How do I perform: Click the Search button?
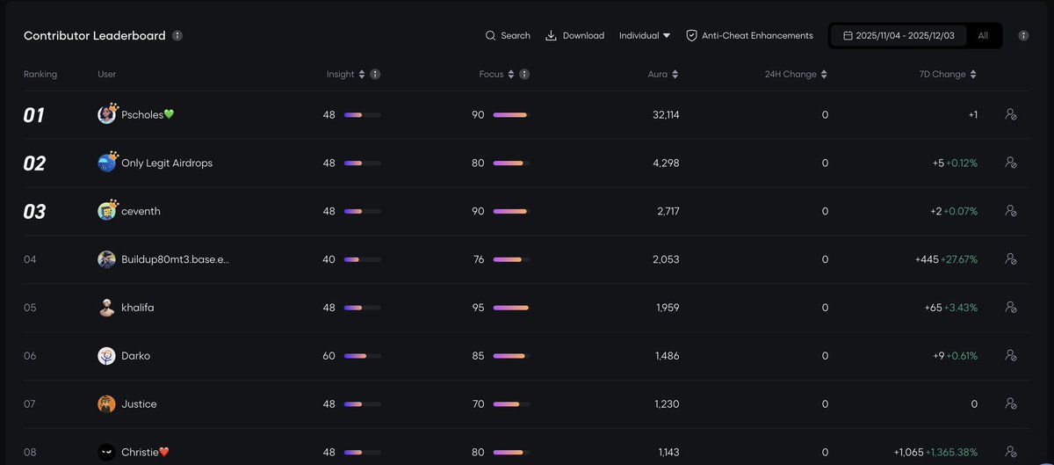point(508,36)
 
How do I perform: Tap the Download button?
point(575,36)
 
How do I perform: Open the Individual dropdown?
point(645,36)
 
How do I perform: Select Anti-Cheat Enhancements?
point(749,36)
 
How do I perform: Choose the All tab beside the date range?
point(983,36)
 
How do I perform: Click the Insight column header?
point(341,75)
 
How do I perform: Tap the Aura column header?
point(658,75)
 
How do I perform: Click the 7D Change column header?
point(942,75)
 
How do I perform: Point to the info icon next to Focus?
point(524,75)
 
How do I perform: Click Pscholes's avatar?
point(107,114)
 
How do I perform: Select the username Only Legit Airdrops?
point(167,163)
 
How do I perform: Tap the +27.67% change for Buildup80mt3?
point(959,259)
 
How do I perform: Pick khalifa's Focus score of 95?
point(478,308)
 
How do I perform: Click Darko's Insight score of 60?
point(329,356)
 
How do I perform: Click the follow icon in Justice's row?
point(1011,403)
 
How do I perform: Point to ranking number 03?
point(34,212)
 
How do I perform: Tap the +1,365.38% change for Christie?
point(952,452)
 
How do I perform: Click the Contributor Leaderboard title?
point(95,36)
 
